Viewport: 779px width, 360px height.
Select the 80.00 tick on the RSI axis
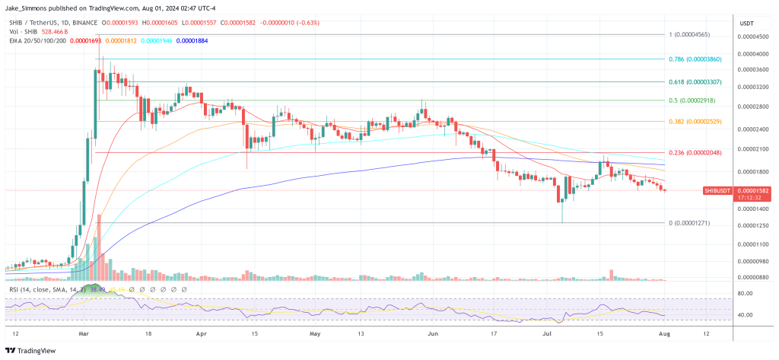pos(746,293)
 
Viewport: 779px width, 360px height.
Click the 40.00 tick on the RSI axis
pos(746,314)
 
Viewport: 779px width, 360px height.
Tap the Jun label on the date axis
pos(434,333)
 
